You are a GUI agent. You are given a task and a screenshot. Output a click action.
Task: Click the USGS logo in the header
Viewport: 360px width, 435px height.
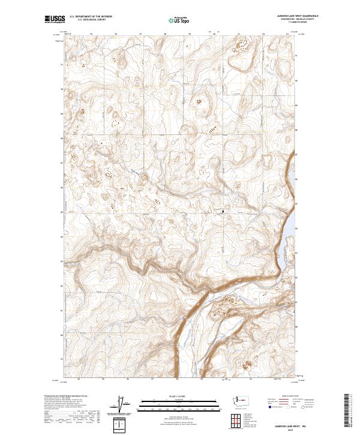tap(53, 19)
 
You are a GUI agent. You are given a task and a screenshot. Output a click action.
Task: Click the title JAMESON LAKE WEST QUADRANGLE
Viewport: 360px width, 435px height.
tap(293, 16)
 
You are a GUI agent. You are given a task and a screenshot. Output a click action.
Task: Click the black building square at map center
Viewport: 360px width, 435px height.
tap(223, 211)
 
